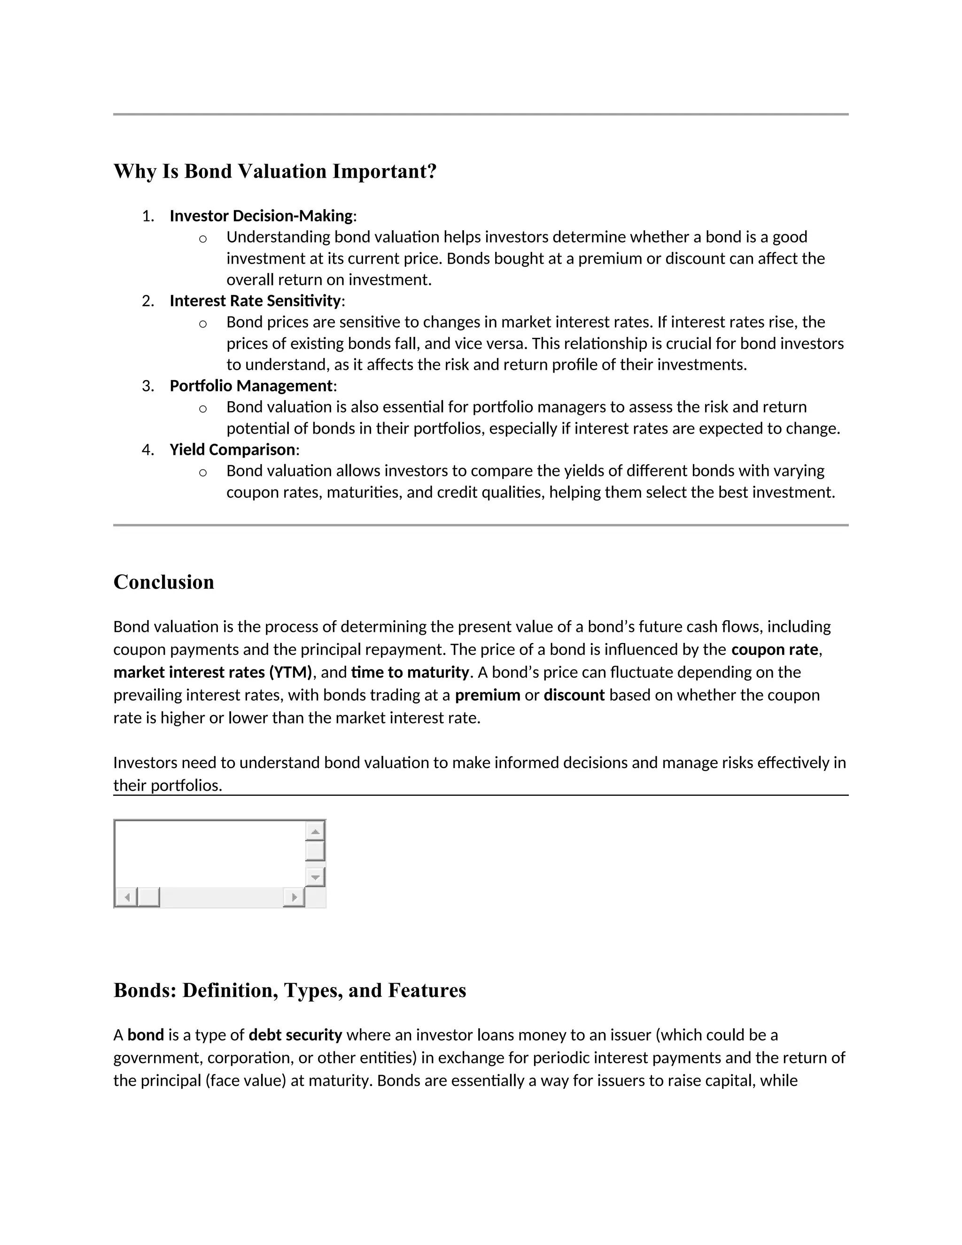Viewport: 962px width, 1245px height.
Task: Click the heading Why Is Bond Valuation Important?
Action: click(x=275, y=171)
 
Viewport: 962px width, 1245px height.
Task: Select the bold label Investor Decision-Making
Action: click(x=261, y=216)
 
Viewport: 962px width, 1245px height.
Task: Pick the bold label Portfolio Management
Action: click(x=251, y=386)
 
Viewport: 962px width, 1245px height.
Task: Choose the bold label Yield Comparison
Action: click(x=232, y=450)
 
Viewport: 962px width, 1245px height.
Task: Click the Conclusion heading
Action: click(x=163, y=582)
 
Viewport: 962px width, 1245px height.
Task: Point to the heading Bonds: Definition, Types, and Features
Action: click(x=289, y=990)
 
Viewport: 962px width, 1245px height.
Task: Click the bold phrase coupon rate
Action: click(x=775, y=650)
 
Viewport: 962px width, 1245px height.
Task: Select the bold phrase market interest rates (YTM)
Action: click(x=213, y=673)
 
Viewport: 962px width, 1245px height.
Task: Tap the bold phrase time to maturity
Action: click(x=410, y=673)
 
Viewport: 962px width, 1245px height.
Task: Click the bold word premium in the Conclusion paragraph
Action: click(x=487, y=695)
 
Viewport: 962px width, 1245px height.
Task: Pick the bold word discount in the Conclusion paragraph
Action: click(x=574, y=695)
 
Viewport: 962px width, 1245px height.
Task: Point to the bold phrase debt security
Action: click(x=295, y=1035)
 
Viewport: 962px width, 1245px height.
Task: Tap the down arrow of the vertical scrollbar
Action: click(x=315, y=877)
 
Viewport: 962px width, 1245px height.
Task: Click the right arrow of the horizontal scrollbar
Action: click(x=294, y=898)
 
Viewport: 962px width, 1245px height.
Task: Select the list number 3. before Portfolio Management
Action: click(x=148, y=386)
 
